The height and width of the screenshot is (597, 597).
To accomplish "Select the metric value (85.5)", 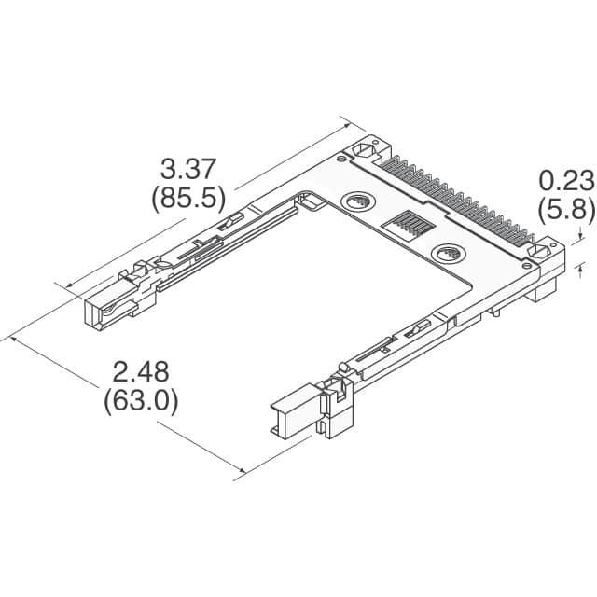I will [188, 198].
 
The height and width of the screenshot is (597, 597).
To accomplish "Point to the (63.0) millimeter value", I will [141, 401].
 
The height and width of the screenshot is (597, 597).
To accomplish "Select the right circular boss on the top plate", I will [447, 254].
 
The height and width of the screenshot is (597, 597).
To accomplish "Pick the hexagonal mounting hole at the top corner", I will [365, 150].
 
